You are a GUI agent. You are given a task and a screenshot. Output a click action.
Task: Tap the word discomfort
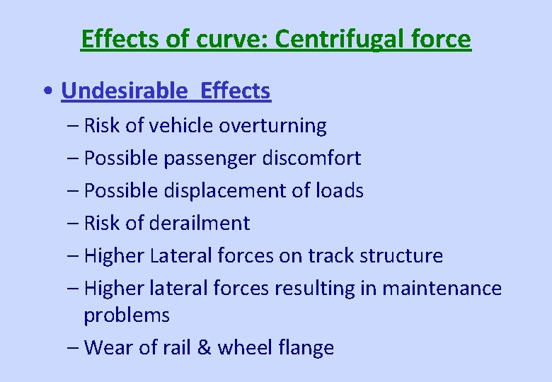coord(311,158)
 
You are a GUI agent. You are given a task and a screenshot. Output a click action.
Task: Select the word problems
coord(127,316)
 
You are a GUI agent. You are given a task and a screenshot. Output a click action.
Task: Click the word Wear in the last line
coord(105,348)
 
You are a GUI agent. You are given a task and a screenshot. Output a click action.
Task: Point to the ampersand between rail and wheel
coord(203,348)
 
